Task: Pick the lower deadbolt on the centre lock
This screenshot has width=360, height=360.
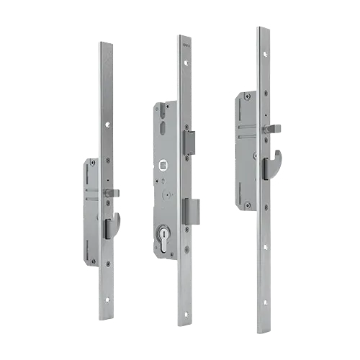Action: pos(192,210)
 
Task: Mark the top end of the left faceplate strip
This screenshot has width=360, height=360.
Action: pos(107,45)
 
